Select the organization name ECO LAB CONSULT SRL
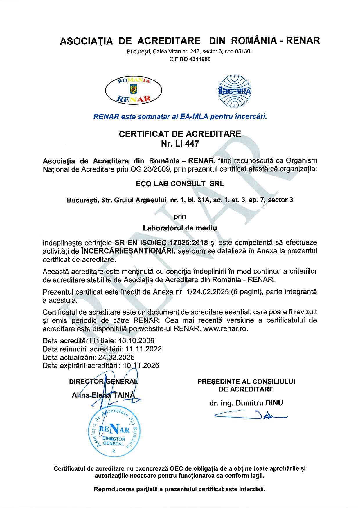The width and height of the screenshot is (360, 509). pyautogui.click(x=180, y=184)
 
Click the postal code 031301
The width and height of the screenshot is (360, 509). pyautogui.click(x=243, y=52)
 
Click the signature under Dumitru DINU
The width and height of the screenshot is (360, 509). pyautogui.click(x=250, y=415)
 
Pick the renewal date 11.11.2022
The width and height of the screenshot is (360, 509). pyautogui.click(x=144, y=349)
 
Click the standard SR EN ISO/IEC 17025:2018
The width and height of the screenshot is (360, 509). pyautogui.click(x=161, y=243)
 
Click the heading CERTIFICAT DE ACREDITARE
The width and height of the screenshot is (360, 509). pyautogui.click(x=180, y=134)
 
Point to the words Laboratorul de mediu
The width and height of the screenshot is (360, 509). pyautogui.click(x=180, y=228)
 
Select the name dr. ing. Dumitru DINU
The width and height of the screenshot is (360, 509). pyautogui.click(x=246, y=403)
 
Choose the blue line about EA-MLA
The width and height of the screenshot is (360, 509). pyautogui.click(x=180, y=117)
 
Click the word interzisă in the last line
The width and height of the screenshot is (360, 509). pyautogui.click(x=252, y=489)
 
